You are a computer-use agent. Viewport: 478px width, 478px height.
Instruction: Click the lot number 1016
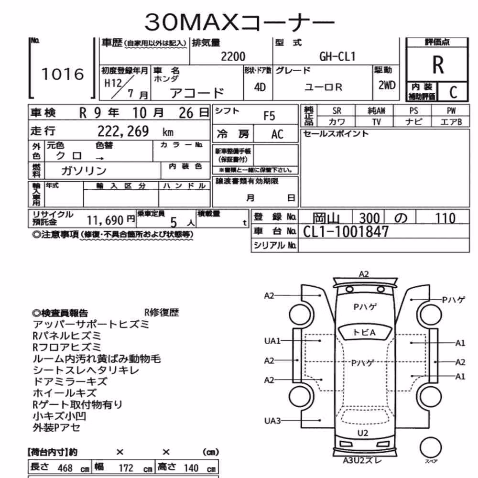63,74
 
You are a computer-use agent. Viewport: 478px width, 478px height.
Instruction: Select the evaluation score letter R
438,65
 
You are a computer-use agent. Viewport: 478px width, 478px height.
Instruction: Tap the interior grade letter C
453,92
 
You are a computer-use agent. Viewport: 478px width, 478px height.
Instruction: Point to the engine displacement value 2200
233,57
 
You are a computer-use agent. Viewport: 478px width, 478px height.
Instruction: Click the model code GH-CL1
337,57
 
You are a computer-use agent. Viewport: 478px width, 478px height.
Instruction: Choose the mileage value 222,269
123,132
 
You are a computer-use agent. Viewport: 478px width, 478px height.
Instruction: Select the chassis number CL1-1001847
346,232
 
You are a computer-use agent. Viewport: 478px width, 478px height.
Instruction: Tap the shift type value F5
269,116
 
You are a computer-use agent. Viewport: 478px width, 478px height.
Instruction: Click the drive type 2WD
387,86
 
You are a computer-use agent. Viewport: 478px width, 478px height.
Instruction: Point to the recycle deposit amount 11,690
105,220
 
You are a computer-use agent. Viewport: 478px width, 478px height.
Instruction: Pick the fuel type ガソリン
84,171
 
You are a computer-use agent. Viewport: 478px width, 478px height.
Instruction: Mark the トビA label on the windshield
364,333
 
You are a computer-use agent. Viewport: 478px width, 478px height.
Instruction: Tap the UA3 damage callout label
272,421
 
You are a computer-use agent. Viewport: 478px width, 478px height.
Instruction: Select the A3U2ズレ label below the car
362,460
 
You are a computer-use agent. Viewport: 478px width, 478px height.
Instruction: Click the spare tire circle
431,447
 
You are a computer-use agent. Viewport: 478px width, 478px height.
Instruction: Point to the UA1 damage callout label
272,341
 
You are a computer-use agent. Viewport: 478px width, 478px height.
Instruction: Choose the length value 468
65,468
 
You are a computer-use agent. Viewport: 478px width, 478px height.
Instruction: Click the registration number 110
445,218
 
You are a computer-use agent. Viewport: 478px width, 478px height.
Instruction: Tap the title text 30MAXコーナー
239,22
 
